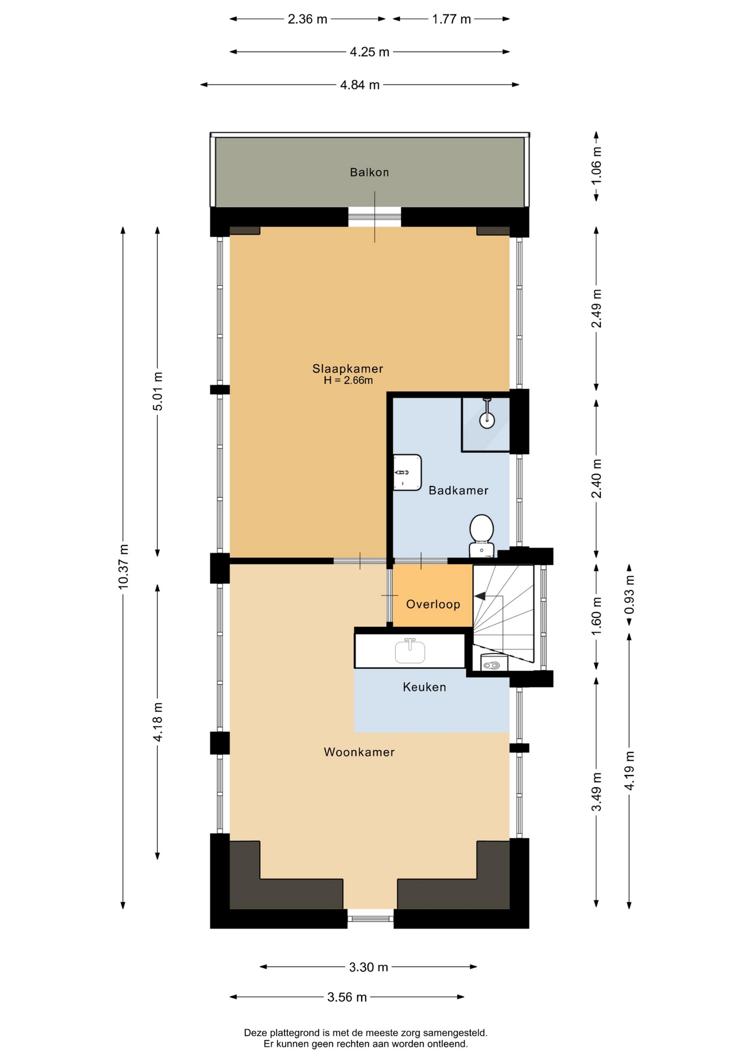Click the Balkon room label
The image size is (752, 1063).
point(369,172)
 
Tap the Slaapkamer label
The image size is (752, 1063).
point(348,369)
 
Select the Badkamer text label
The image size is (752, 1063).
point(459,491)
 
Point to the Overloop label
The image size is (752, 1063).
point(433,604)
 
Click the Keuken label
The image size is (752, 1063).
point(424,687)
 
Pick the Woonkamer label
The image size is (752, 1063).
point(359,752)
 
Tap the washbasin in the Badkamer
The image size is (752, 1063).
point(407,472)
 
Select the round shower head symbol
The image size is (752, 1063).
point(487,420)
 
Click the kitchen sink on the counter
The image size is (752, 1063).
point(410,651)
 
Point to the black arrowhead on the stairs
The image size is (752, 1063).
point(480,596)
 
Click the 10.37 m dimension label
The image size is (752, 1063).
point(123,566)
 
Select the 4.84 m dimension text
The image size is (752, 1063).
point(360,85)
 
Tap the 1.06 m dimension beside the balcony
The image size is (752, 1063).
point(596,166)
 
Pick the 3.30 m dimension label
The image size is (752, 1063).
point(368,967)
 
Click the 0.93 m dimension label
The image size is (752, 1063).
point(629,595)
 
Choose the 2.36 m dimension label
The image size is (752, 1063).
point(307,19)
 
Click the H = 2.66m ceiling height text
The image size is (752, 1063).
point(348,380)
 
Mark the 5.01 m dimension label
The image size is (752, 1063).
point(158,391)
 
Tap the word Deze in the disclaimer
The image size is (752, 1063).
point(255,1033)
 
